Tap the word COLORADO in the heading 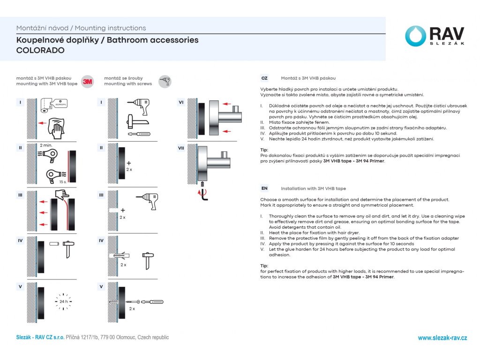pos(40,50)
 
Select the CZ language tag pos(264,78)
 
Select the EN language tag pos(264,188)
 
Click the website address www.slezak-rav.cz pos(442,338)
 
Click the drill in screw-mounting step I pos(139,105)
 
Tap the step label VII pos(181,148)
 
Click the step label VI pos(181,102)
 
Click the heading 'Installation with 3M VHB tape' pos(313,188)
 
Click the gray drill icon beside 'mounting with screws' pos(165,81)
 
